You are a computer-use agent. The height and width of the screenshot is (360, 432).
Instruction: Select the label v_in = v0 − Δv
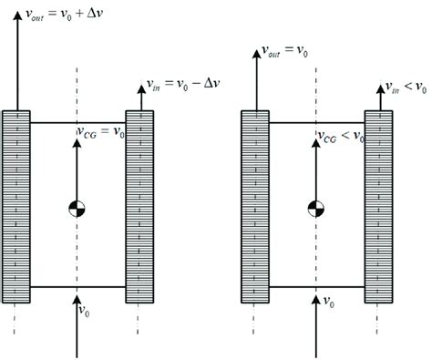186,85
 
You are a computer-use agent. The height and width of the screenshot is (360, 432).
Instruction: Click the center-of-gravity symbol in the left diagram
77,209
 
